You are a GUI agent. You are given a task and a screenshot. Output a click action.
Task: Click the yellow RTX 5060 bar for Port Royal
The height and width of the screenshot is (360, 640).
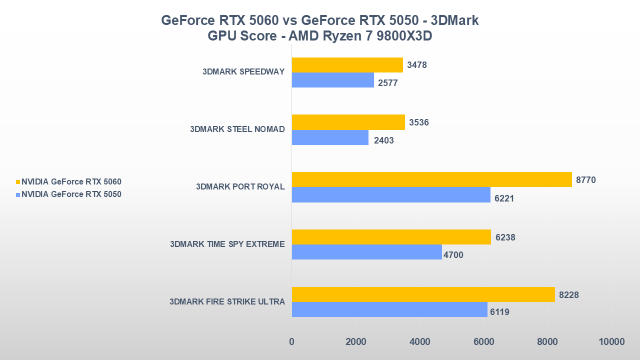point(431,179)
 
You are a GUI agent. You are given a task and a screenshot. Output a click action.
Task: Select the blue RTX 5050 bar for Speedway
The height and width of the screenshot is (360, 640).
point(332,80)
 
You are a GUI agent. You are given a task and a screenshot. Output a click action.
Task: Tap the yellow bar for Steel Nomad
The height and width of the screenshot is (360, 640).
point(348,122)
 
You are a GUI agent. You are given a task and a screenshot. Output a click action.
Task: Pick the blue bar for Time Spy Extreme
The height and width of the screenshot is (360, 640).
point(366,252)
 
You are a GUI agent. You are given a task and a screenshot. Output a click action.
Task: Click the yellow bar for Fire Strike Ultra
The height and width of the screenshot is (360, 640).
point(423,294)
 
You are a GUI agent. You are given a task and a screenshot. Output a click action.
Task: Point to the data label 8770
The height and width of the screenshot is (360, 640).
point(585,179)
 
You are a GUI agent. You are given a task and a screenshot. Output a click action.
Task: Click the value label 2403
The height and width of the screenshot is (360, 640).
point(383,140)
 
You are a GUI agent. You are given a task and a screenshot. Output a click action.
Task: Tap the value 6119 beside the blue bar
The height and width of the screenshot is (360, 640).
point(499,312)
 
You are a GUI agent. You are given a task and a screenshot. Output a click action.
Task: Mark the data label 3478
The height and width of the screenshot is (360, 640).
point(416,65)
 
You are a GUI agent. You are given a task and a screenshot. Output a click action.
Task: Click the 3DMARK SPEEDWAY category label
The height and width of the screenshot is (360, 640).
point(243,71)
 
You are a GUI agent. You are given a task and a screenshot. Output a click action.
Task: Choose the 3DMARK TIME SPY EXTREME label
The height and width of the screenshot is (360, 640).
point(227,244)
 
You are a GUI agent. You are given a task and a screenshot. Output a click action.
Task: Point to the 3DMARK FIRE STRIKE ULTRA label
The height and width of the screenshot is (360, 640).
point(227,301)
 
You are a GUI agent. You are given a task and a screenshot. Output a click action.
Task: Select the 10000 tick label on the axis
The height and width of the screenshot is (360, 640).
point(611,342)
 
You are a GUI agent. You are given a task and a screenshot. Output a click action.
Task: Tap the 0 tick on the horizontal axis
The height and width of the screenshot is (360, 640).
point(291,342)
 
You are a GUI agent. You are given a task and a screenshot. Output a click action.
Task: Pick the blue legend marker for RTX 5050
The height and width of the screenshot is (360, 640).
point(18,194)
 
